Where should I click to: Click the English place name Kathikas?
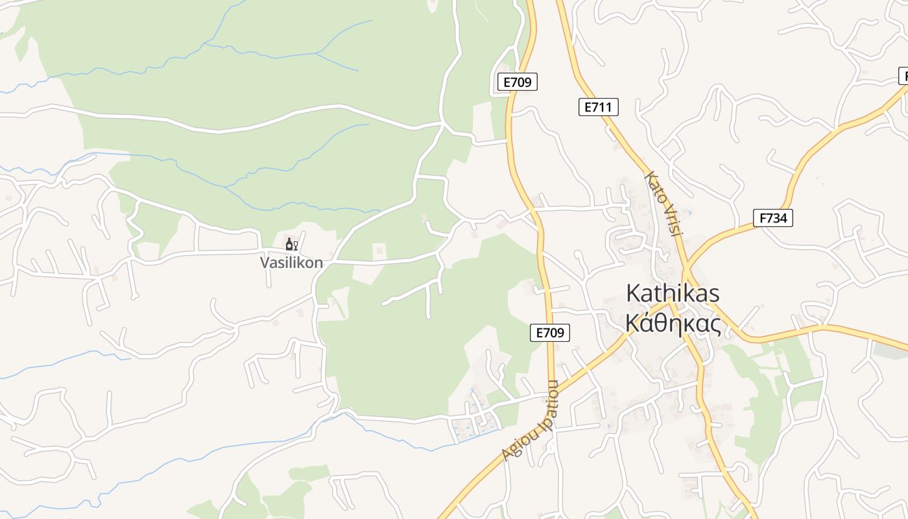click(673, 293)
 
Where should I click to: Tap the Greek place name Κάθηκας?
click(673, 322)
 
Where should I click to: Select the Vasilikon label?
click(291, 263)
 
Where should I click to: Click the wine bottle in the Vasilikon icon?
click(289, 244)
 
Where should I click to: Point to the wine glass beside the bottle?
click(296, 245)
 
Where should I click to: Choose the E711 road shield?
click(598, 107)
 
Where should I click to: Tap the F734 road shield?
click(773, 218)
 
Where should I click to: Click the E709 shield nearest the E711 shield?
click(518, 82)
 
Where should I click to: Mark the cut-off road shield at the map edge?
click(903, 75)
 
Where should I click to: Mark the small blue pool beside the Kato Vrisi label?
click(689, 212)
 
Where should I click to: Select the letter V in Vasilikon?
click(265, 263)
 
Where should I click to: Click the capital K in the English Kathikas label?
click(632, 293)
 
